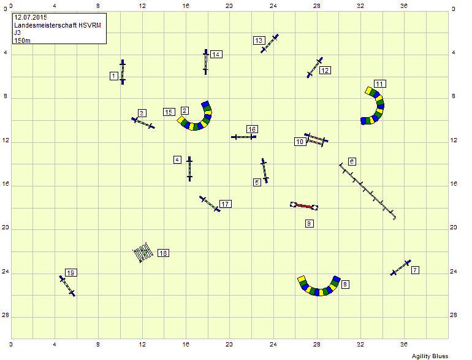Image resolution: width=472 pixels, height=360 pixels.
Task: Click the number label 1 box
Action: tap(114, 75)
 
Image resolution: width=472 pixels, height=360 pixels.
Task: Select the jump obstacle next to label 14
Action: tap(206, 61)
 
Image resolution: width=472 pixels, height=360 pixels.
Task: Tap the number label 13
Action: tap(259, 40)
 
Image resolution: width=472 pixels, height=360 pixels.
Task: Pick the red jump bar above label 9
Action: tap(305, 206)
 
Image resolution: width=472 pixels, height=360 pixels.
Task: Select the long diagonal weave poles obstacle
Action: tap(367, 191)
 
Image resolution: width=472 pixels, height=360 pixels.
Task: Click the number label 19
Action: tap(70, 272)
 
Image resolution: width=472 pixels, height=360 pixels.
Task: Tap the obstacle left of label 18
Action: tap(142, 253)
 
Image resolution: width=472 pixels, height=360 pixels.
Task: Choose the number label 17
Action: tap(226, 204)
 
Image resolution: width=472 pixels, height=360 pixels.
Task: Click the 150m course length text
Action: tap(21, 40)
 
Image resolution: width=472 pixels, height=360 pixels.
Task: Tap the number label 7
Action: tap(416, 270)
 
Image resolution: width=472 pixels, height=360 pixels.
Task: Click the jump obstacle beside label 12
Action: tap(314, 67)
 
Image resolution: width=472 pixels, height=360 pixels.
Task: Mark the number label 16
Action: tap(252, 129)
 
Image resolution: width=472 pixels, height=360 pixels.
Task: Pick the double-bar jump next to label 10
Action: tap(316, 140)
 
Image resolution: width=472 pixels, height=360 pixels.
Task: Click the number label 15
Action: tap(169, 112)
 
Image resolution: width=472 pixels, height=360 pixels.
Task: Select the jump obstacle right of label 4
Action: tap(189, 168)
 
